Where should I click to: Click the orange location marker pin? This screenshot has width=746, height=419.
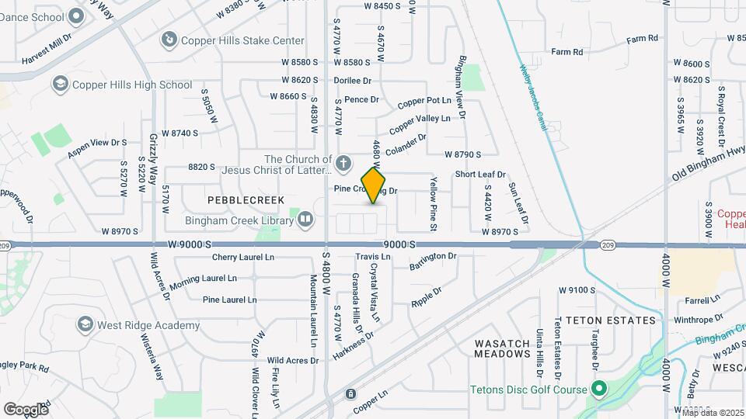[x=374, y=185]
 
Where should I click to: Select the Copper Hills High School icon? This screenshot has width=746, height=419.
[x=60, y=84]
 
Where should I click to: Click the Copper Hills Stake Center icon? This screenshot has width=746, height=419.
[x=168, y=39]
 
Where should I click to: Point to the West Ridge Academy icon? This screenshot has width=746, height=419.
[x=84, y=324]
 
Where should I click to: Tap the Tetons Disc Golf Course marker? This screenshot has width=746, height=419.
[x=599, y=388]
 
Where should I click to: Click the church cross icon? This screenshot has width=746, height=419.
[x=345, y=164]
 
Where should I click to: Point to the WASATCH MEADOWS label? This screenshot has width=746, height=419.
[x=502, y=348]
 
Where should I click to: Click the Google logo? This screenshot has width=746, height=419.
[x=26, y=409]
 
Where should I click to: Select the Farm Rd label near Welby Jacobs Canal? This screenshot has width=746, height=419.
[x=567, y=52]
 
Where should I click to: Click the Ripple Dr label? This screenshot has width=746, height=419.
[x=426, y=297]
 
